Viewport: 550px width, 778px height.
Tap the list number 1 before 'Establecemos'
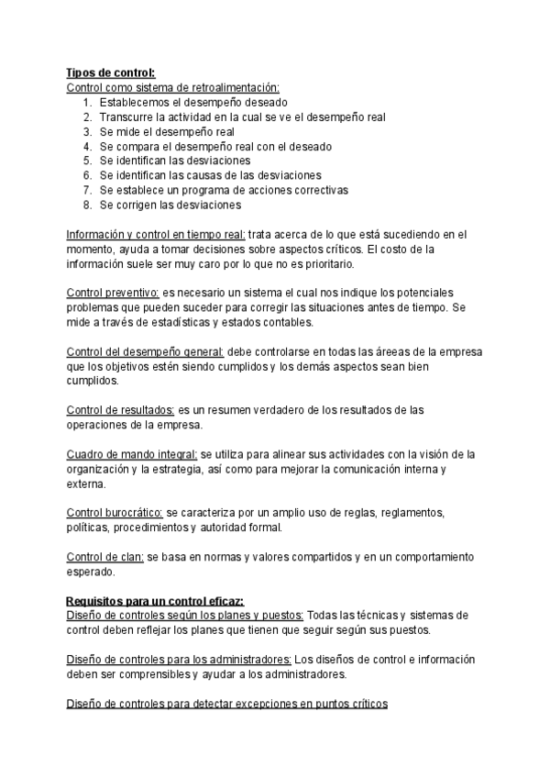(x=87, y=102)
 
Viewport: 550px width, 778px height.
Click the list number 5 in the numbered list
(x=87, y=161)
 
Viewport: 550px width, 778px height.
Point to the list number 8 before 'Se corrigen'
(x=87, y=205)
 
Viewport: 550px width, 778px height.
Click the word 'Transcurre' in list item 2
(x=128, y=117)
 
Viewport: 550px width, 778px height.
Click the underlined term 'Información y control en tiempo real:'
(x=156, y=234)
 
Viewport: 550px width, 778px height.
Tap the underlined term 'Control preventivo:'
(x=114, y=293)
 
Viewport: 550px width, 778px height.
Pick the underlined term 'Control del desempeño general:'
(x=146, y=351)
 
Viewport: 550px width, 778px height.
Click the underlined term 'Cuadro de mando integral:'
(x=132, y=454)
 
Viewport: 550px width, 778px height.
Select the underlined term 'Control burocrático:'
(x=115, y=513)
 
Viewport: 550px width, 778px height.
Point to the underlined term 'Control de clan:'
(x=105, y=557)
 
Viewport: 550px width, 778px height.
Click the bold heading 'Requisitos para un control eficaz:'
(x=154, y=600)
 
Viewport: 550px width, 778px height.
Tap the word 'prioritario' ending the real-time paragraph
(x=322, y=263)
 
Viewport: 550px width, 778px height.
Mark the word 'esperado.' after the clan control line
(x=92, y=572)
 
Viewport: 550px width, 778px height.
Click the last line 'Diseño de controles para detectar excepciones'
(x=227, y=704)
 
